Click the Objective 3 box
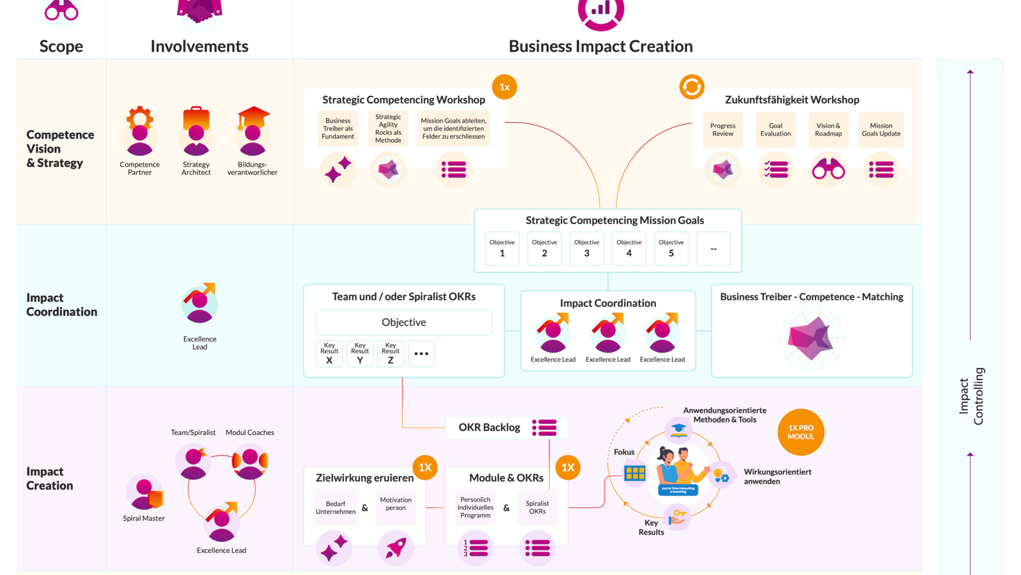click(x=586, y=249)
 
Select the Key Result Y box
click(x=360, y=353)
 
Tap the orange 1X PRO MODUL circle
click(x=800, y=433)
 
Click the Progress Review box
click(x=722, y=130)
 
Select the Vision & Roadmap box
click(x=828, y=130)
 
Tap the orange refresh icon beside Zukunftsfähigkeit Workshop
click(x=691, y=87)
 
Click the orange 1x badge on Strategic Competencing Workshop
click(x=504, y=87)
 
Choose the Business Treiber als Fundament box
click(x=338, y=128)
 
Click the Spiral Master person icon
click(x=145, y=492)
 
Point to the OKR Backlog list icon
click(x=544, y=427)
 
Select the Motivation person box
click(x=396, y=505)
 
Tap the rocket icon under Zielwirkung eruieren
click(x=396, y=548)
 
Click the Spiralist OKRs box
click(x=537, y=507)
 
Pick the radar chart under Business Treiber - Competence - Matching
click(x=811, y=338)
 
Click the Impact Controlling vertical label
click(x=971, y=396)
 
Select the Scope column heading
click(x=61, y=46)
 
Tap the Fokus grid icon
click(x=635, y=473)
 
